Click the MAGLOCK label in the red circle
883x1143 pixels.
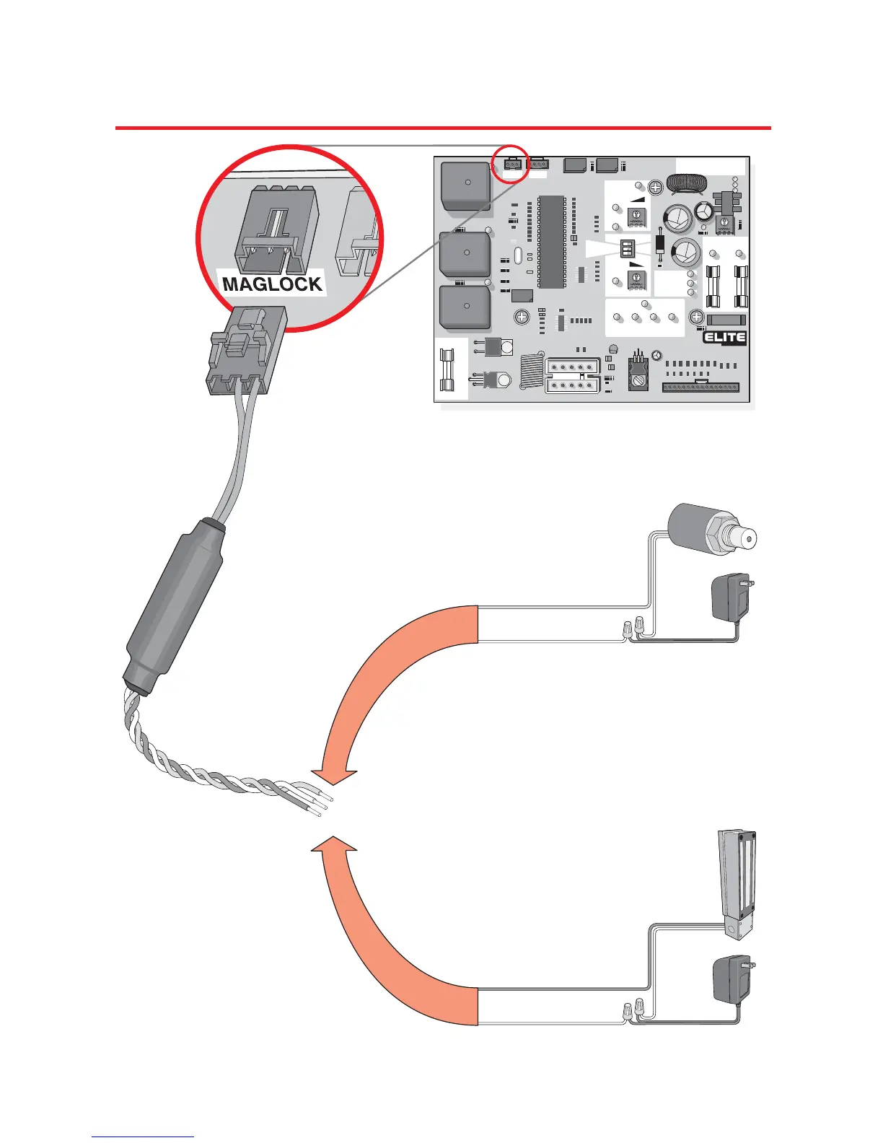pos(272,284)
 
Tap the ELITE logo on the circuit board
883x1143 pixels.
pos(724,338)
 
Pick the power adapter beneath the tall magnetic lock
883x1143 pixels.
pos(730,979)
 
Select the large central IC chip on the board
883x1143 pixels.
pos(552,240)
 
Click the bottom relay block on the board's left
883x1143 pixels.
pos(465,307)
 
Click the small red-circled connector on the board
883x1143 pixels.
pos(513,165)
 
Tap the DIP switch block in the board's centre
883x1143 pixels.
pos(626,249)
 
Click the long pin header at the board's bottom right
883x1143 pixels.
pos(700,386)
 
